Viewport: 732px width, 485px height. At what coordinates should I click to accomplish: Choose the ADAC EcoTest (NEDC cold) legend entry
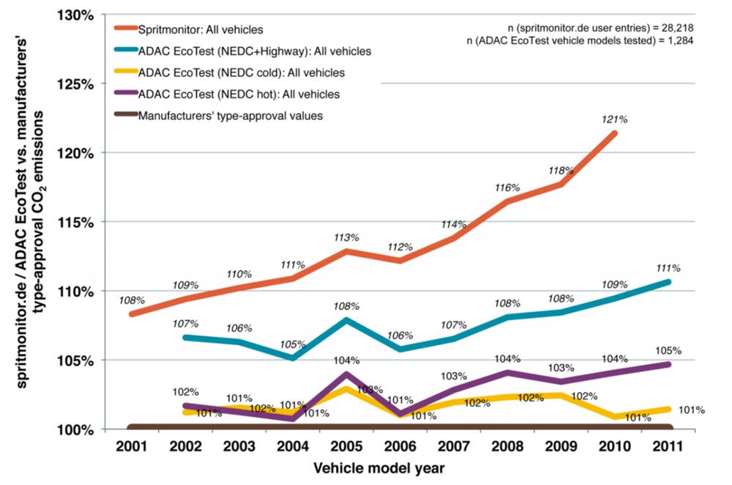coord(241,73)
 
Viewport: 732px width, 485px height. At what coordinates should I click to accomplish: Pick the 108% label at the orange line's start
coord(132,300)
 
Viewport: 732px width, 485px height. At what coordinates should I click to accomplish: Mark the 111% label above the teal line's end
coord(669,267)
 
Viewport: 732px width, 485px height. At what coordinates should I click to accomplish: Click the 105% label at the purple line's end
coord(669,350)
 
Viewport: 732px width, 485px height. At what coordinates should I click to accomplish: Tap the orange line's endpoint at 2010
coord(615,133)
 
